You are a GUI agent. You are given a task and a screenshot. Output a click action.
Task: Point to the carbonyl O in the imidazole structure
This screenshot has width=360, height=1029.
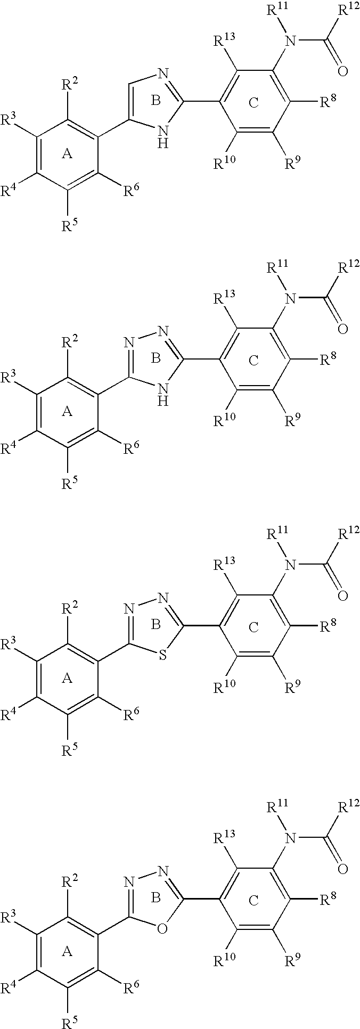(342, 70)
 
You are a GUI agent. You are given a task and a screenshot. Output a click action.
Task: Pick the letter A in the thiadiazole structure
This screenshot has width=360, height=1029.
(67, 678)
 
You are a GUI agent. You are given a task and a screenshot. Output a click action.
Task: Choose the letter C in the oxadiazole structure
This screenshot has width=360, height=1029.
(253, 901)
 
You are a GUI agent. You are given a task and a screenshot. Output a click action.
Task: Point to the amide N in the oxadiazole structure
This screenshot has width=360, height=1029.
(290, 839)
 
